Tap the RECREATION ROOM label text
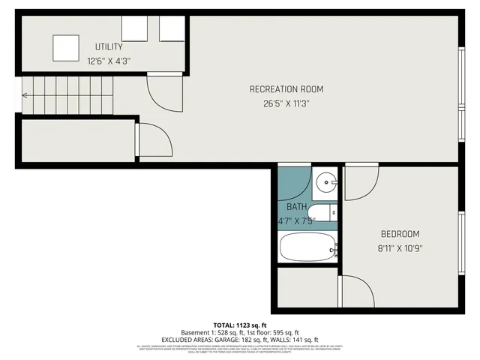(x=286, y=89)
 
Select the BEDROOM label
(x=400, y=234)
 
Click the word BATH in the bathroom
(x=295, y=206)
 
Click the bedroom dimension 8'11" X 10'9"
(x=400, y=248)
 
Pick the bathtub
(x=307, y=246)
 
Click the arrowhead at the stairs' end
(x=25, y=95)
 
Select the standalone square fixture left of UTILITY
(x=66, y=49)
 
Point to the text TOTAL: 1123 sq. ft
(x=239, y=324)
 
